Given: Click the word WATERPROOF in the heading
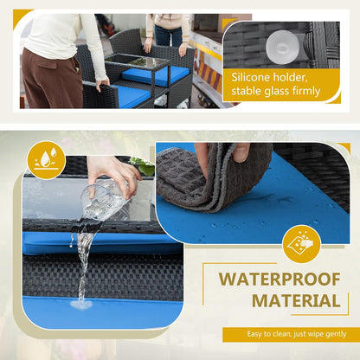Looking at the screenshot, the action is tap(280, 280).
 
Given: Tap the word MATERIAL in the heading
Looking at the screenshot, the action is tap(296, 300).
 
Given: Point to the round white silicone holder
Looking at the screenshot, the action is tap(282, 48).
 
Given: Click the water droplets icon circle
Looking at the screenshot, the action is tap(46, 160).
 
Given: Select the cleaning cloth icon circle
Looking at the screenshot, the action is tap(301, 244).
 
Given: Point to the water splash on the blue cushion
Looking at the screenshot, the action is tap(81, 305).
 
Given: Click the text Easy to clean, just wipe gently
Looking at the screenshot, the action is tap(297, 334).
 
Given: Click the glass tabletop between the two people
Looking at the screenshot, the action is tap(138, 61).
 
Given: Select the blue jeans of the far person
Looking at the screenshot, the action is tap(168, 35).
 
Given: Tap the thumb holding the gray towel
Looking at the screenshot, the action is tap(241, 152).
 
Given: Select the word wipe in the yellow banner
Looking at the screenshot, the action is tap(316, 334).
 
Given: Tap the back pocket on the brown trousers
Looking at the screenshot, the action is tap(47, 64).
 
